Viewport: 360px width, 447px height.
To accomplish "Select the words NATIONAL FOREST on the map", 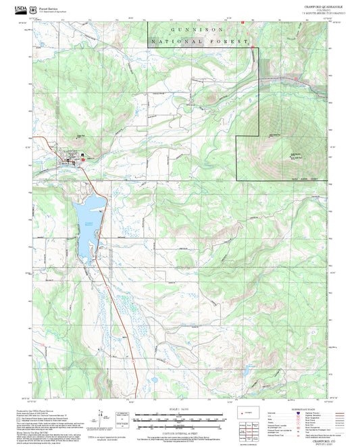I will coord(201,41).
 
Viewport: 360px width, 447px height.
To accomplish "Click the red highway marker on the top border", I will coord(242,21).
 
